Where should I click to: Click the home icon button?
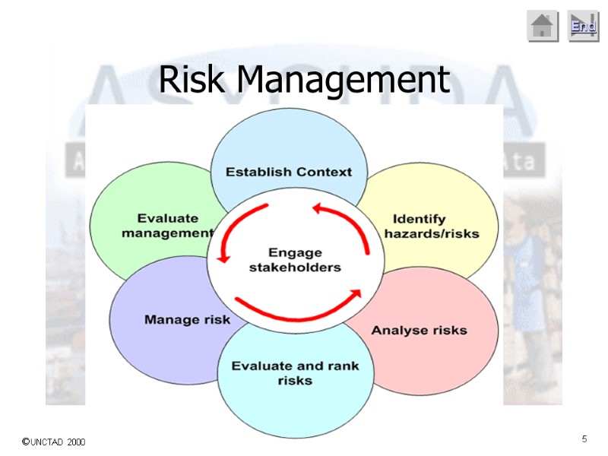(x=543, y=27)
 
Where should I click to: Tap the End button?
(x=583, y=27)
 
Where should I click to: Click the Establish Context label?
(x=289, y=172)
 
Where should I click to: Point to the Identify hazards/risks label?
(x=430, y=226)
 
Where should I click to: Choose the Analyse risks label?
(x=419, y=331)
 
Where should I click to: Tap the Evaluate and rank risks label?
(x=295, y=372)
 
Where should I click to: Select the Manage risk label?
(x=187, y=320)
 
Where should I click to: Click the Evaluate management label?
(x=168, y=226)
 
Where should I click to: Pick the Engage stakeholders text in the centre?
(x=296, y=260)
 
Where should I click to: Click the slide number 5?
(x=584, y=439)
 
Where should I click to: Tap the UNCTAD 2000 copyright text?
(x=53, y=442)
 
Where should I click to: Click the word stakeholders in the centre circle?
(x=296, y=268)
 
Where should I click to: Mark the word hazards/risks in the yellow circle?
(x=432, y=234)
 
